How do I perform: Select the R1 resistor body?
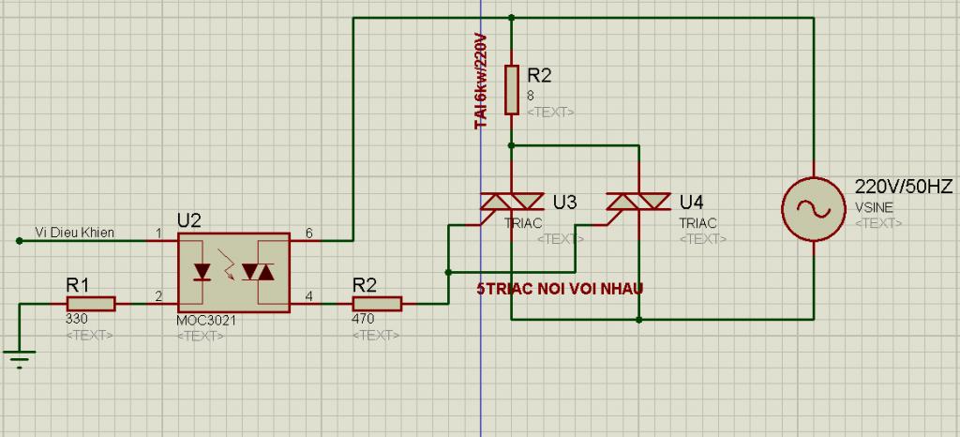click(x=91, y=304)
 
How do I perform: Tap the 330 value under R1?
click(x=76, y=319)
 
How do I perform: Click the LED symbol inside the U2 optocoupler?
click(x=202, y=272)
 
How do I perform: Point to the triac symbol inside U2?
click(x=258, y=272)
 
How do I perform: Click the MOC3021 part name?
click(x=205, y=320)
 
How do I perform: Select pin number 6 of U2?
click(x=308, y=234)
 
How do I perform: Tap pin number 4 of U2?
click(x=308, y=296)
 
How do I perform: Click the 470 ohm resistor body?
click(x=377, y=304)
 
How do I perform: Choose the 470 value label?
click(x=363, y=319)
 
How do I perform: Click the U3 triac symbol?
click(x=511, y=202)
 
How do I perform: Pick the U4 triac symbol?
click(x=637, y=202)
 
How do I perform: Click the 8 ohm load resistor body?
click(x=512, y=89)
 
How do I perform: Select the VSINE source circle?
click(x=814, y=209)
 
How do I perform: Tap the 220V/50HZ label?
click(x=904, y=188)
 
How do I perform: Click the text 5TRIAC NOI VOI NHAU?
click(x=560, y=289)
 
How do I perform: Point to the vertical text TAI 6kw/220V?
click(x=481, y=82)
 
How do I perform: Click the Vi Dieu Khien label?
click(x=74, y=232)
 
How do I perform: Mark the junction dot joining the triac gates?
click(x=449, y=272)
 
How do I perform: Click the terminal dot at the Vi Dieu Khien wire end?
click(x=19, y=241)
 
